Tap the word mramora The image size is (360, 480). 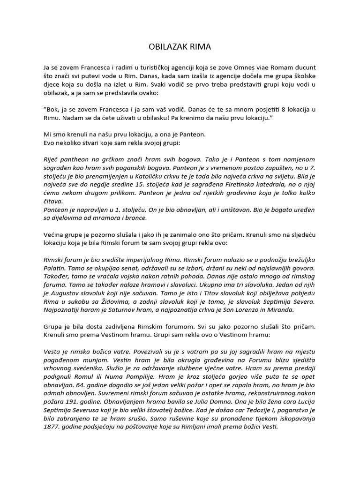101,217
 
